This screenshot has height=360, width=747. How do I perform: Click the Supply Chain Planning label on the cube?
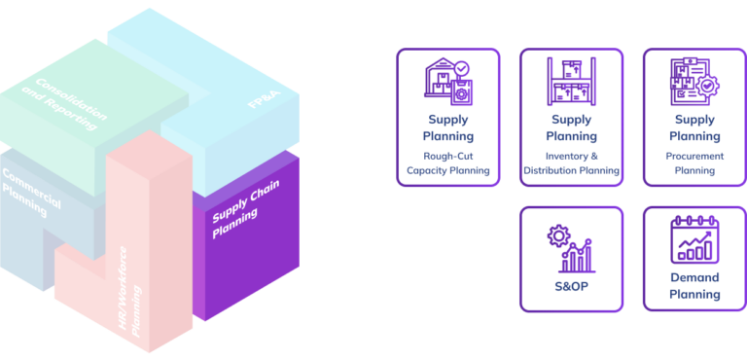click(241, 205)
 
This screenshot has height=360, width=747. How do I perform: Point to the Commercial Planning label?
click(31, 191)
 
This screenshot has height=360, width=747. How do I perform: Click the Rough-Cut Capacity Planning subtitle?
click(448, 163)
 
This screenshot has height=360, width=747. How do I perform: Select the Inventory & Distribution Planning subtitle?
click(571, 163)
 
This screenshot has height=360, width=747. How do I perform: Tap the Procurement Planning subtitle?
click(694, 163)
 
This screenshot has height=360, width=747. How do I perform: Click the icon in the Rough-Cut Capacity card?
click(448, 83)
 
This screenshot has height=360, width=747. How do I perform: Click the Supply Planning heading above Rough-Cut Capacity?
click(448, 128)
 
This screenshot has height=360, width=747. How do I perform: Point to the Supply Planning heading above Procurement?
click(694, 128)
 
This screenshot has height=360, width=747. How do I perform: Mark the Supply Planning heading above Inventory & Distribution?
click(571, 128)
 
